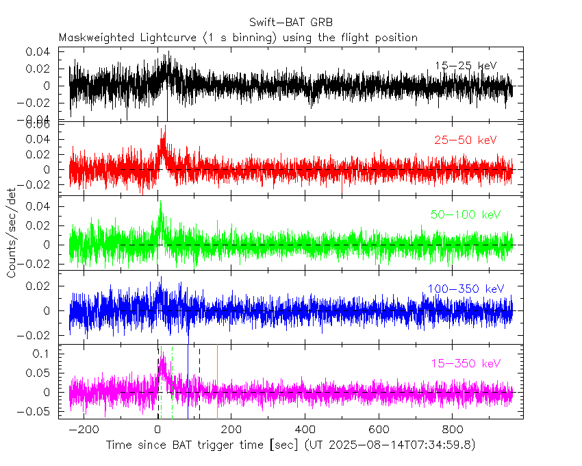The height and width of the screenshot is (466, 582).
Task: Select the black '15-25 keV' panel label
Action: [x=465, y=66]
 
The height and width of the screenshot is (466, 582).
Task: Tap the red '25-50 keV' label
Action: [x=465, y=140]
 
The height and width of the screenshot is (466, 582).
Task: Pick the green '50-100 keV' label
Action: [x=466, y=214]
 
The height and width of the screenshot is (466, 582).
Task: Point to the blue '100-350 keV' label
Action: [x=466, y=289]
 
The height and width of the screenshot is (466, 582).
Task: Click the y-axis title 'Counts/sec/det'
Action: [x=12, y=233]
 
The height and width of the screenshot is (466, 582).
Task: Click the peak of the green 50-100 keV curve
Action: [x=160, y=201]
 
